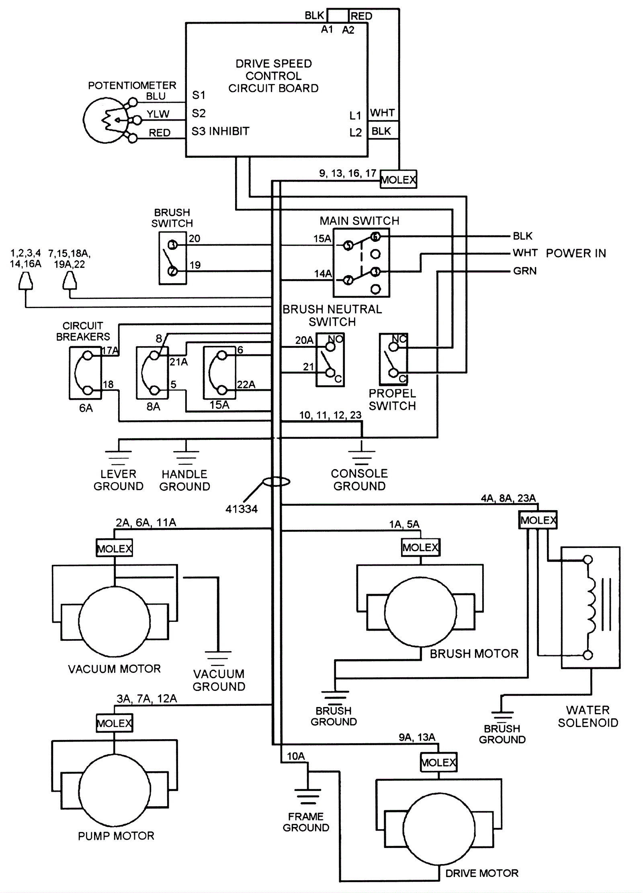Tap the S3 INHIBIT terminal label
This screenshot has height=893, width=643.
click(220, 131)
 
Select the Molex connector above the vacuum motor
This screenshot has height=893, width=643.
click(115, 548)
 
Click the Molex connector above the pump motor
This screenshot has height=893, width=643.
click(115, 723)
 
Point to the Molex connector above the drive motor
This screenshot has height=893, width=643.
click(438, 762)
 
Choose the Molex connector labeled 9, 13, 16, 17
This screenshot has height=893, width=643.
click(398, 179)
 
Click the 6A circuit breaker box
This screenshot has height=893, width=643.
click(86, 373)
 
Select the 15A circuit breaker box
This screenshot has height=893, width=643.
click(219, 373)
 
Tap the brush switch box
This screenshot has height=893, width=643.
click(173, 258)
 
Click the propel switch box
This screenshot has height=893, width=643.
click(393, 359)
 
